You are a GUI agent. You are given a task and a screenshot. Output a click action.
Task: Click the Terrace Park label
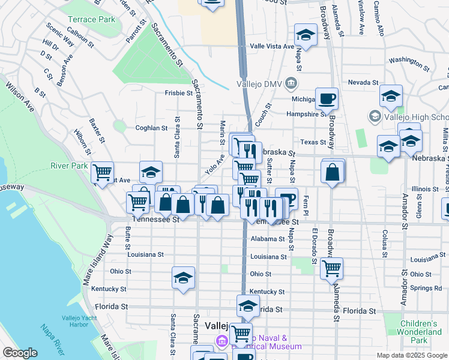coord(91,20)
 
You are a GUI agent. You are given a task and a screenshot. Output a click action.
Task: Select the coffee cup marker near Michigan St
coord(327,98)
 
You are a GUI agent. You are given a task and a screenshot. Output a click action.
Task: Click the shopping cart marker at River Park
coord(103,172)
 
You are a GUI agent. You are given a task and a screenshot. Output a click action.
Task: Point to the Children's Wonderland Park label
coord(421,332)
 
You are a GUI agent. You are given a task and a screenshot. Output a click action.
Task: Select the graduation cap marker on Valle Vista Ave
coord(306,35)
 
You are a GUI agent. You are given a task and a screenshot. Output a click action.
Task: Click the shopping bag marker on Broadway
coord(333,173)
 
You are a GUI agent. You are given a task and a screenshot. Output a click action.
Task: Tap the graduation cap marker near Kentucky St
coord(184,277)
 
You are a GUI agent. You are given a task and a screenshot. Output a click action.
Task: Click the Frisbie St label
coord(179,93)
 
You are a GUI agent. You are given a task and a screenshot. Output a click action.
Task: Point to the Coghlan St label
coord(151,128)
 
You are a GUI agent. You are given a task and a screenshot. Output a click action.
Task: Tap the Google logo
coord(20,353)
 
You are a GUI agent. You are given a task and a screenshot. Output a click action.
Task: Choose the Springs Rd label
coord(426,288)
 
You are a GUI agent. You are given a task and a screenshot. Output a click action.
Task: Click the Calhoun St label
coord(80,37)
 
